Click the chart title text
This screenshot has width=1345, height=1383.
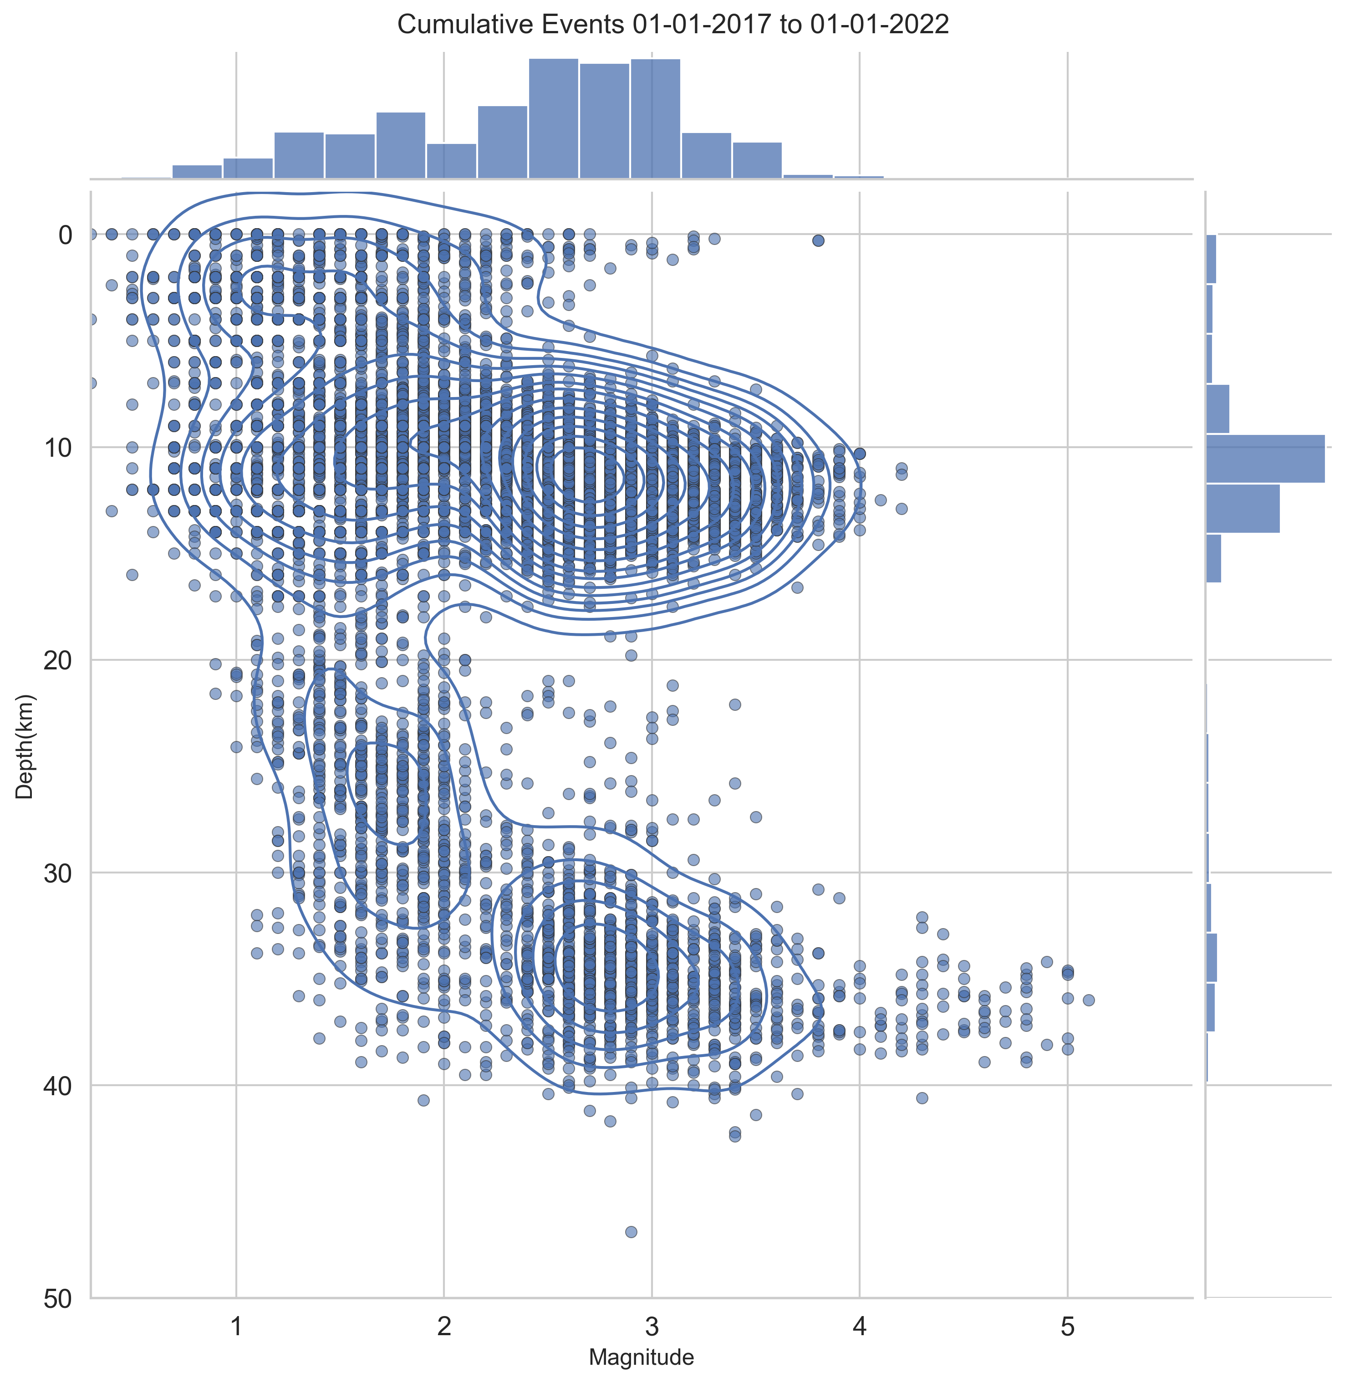tap(672, 25)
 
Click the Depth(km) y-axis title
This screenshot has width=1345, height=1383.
tap(25, 746)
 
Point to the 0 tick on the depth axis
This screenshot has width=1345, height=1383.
tap(66, 235)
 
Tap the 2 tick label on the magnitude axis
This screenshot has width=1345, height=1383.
tap(443, 1327)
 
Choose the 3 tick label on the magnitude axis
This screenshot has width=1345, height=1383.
tap(651, 1327)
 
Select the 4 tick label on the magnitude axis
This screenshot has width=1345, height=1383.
tap(859, 1327)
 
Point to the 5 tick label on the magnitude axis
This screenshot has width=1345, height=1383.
tap(1067, 1327)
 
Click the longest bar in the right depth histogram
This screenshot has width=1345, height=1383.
tap(1264, 459)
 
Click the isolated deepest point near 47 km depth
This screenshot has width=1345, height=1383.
tap(631, 1232)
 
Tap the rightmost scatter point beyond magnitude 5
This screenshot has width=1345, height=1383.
tap(1089, 1000)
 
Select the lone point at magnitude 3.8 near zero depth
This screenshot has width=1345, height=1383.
tap(818, 241)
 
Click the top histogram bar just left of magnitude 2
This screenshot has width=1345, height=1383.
tap(401, 145)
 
